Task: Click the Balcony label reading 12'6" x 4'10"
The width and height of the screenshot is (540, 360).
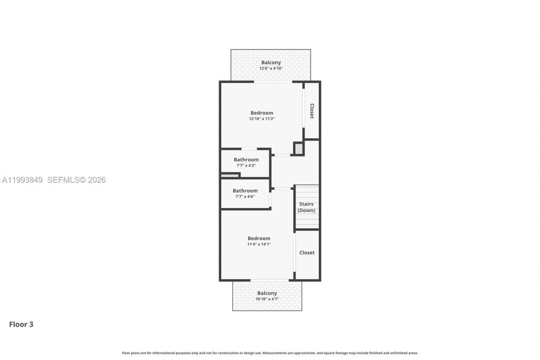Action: click(x=270, y=65)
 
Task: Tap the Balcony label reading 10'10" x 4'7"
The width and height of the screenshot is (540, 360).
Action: click(x=267, y=296)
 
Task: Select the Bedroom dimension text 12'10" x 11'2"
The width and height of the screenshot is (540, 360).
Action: click(x=262, y=119)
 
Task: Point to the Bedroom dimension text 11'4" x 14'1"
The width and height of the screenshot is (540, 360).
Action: click(x=259, y=244)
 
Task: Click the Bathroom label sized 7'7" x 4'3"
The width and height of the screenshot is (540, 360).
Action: click(x=246, y=162)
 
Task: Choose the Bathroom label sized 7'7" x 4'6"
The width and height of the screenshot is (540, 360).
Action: click(x=245, y=193)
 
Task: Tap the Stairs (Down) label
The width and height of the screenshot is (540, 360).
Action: click(x=306, y=207)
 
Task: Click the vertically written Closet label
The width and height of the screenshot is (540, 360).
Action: click(x=312, y=111)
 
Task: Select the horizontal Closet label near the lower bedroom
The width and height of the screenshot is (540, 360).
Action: click(x=307, y=253)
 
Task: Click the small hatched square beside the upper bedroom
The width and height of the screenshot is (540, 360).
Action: click(x=299, y=149)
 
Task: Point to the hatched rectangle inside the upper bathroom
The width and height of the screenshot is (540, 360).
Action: click(x=230, y=176)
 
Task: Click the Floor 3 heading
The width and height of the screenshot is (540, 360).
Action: click(x=21, y=325)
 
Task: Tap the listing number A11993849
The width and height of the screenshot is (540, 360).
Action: click(x=22, y=180)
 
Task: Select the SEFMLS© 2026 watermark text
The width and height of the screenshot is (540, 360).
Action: click(x=76, y=180)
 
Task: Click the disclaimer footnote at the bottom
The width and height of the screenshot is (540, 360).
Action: click(x=270, y=353)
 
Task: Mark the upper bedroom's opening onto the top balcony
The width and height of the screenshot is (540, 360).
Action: click(x=273, y=82)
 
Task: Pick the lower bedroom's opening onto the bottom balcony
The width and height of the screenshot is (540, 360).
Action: click(x=270, y=280)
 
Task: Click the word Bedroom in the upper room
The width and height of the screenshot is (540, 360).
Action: click(x=262, y=113)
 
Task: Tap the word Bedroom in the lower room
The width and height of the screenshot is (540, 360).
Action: click(x=259, y=238)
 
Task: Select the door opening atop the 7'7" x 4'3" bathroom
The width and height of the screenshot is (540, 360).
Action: click(x=249, y=149)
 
